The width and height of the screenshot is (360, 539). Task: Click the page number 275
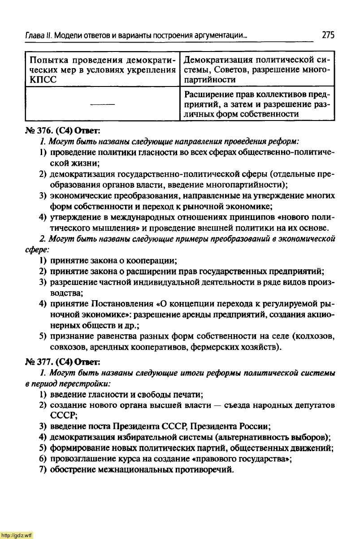tap(328, 35)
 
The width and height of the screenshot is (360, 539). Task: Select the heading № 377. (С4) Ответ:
tap(62, 362)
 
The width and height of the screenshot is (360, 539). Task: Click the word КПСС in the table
tap(40, 80)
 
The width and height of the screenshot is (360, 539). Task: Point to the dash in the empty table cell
tap(103, 104)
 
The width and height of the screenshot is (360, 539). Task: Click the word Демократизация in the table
tap(215, 60)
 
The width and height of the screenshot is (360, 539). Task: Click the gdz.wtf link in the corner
tap(17, 535)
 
